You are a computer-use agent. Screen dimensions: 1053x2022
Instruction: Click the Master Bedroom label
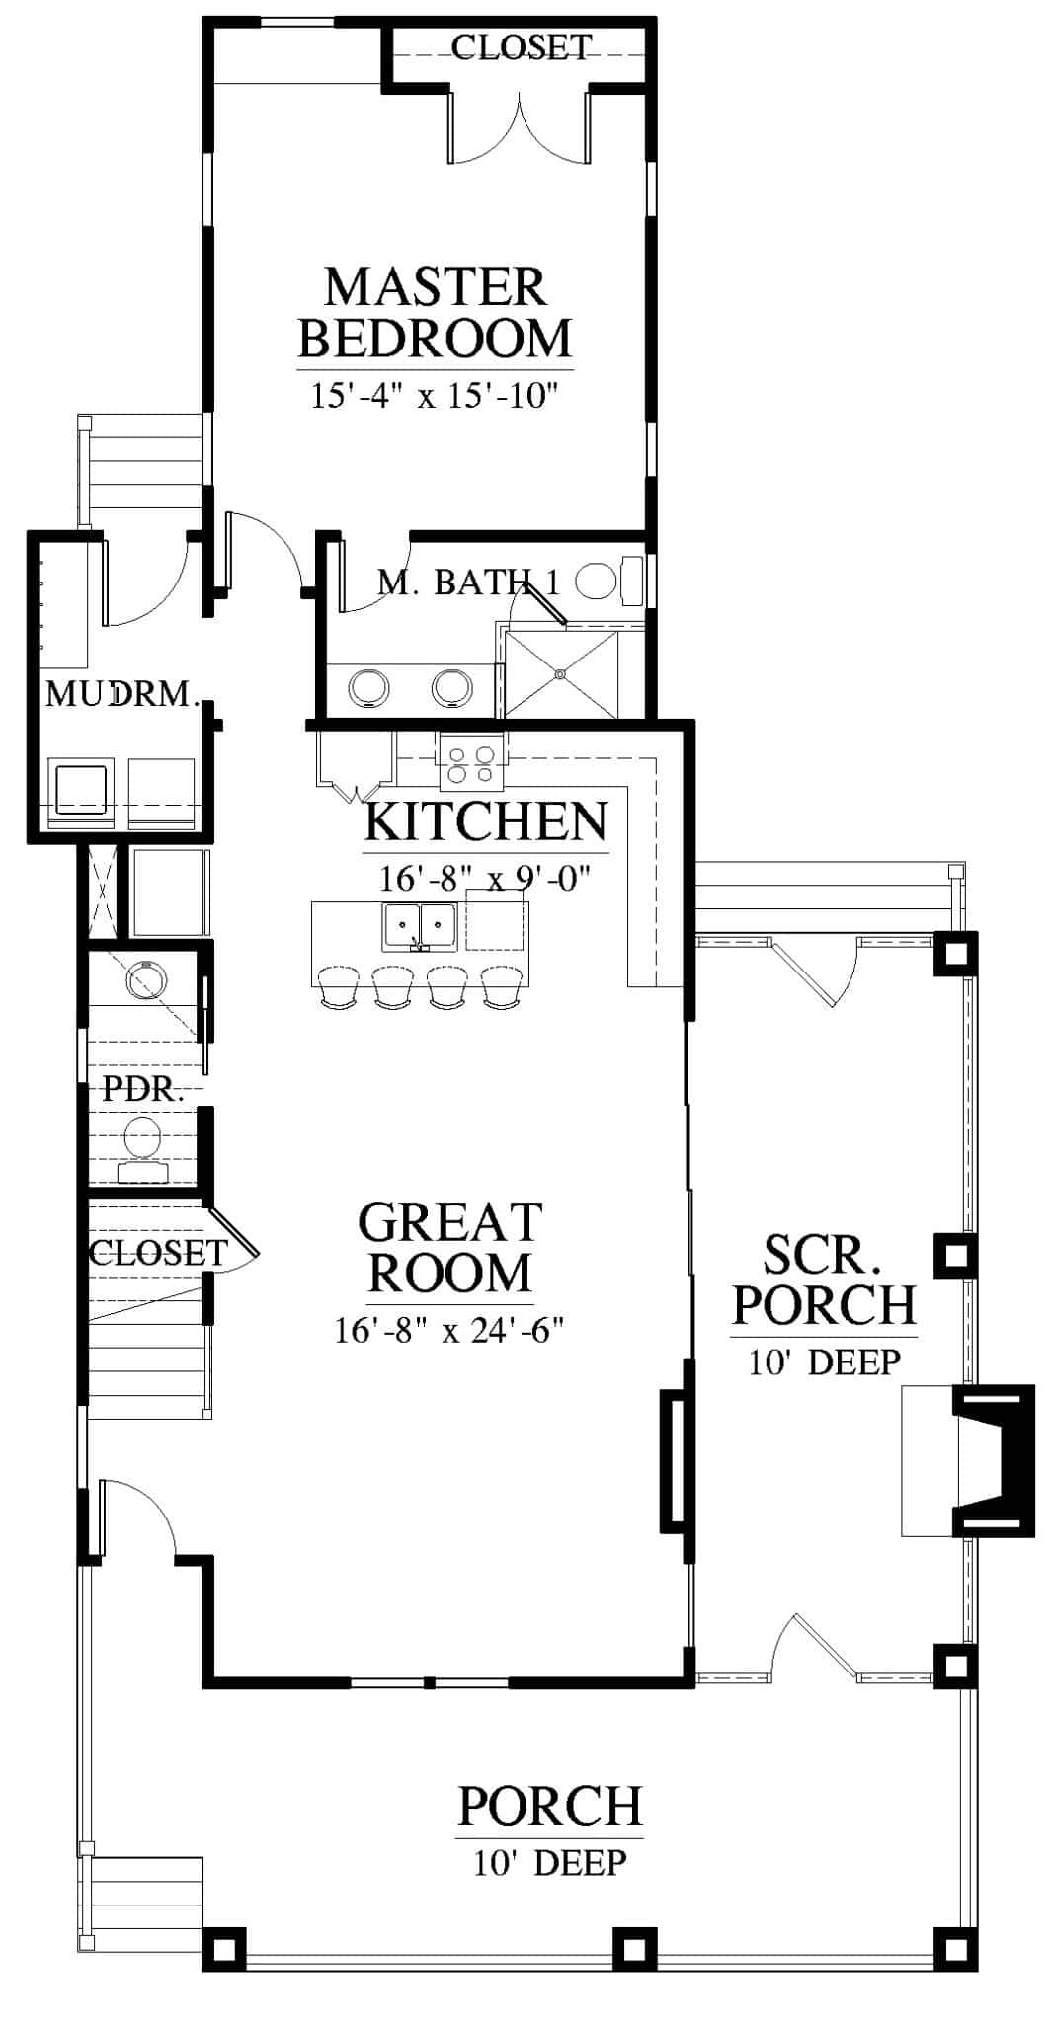435,312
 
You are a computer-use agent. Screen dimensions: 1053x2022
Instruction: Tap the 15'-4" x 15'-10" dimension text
436,397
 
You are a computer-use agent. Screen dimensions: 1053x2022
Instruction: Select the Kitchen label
486,821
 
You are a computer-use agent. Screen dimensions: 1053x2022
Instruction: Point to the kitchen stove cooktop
471,764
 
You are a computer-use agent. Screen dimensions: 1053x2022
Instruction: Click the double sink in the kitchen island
420,925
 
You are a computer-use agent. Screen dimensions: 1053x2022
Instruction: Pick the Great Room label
450,1247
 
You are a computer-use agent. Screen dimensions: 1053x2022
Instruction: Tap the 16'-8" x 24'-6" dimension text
449,1331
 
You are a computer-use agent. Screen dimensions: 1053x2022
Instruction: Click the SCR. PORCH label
825,1280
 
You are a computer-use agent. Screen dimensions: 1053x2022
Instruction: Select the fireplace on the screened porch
969,1460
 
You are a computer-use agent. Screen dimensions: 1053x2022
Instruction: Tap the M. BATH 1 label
468,583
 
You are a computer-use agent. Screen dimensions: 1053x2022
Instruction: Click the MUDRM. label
122,694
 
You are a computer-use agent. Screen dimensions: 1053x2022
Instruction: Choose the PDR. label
144,1091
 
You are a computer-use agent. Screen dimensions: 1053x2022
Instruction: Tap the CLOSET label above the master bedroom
522,46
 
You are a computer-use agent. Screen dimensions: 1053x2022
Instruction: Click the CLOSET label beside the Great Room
158,1253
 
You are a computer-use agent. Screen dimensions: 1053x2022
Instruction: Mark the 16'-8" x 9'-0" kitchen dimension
485,877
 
